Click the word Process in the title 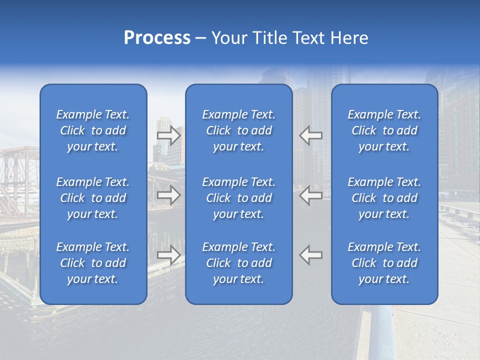157,38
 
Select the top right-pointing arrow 168,135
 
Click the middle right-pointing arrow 168,195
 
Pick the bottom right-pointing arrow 168,255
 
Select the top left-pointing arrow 310,135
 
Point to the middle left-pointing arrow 310,195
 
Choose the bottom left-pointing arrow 310,255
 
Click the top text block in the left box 93,130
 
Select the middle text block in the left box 93,198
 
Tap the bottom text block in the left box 93,263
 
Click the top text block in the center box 238,130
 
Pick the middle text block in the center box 238,198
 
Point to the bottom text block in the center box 238,263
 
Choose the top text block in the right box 384,130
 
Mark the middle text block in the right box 384,198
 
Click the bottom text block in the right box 384,263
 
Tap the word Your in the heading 228,38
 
